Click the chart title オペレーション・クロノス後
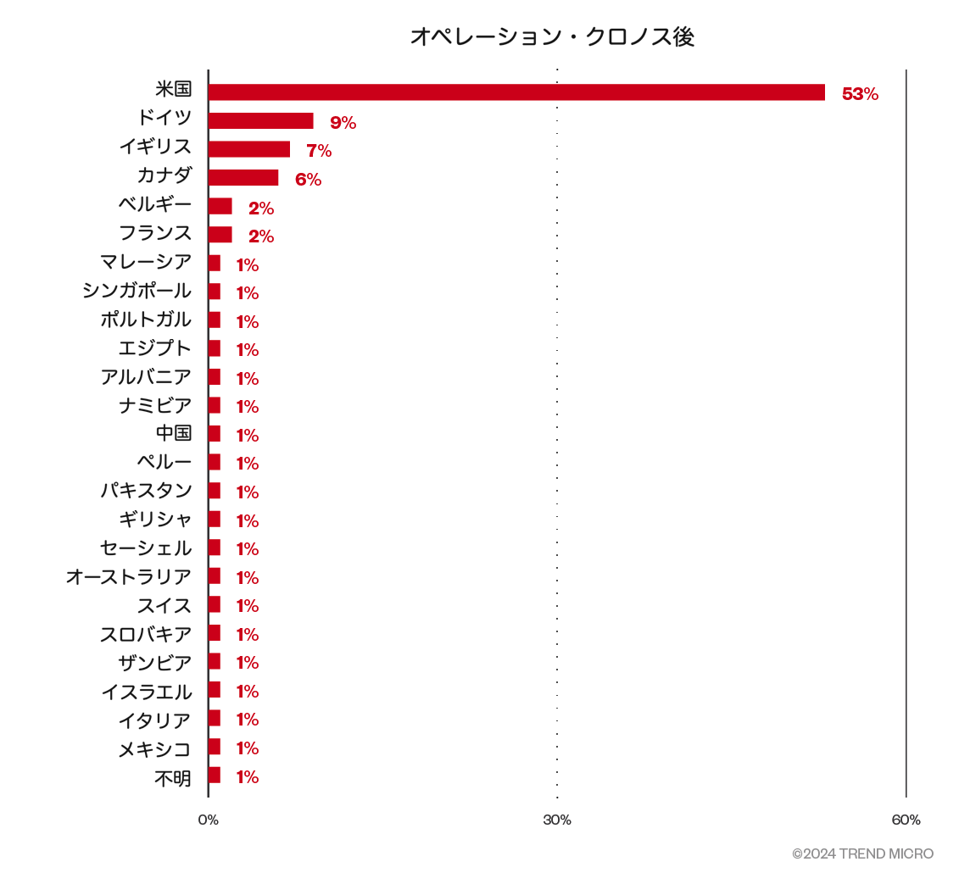[x=552, y=36]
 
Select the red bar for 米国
[x=516, y=92]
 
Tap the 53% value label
[x=860, y=94]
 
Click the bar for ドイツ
[x=261, y=121]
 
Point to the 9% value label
[x=343, y=123]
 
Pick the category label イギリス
[x=155, y=147]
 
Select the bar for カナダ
[x=243, y=178]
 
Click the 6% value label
[x=308, y=180]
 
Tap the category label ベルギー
[x=155, y=204]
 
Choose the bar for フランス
[x=220, y=235]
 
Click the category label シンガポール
[x=137, y=291]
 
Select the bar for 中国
[x=215, y=434]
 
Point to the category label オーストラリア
[x=129, y=577]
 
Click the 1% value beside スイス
[x=247, y=606]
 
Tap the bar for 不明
[x=215, y=776]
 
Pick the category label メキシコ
[x=155, y=749]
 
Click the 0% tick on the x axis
[x=209, y=820]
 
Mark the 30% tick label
[x=557, y=820]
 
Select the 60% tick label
[x=906, y=820]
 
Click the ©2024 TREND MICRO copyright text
[x=862, y=853]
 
